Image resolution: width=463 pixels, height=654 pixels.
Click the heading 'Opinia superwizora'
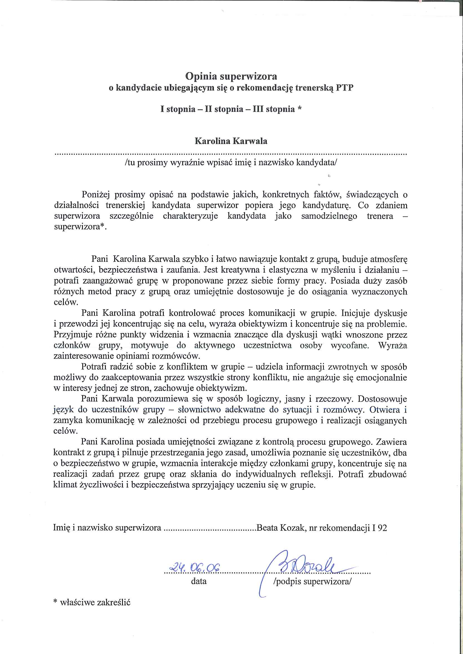(x=231, y=76)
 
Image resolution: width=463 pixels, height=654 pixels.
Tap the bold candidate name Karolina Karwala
(x=231, y=141)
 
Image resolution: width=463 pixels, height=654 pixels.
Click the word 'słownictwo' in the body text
(x=199, y=410)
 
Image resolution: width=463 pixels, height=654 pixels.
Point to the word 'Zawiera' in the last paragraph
(x=391, y=442)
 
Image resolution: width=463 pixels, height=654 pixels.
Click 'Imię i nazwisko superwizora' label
(x=107, y=528)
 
